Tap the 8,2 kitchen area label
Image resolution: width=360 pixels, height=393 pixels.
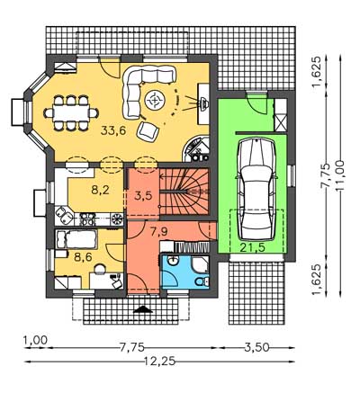[x=99, y=191]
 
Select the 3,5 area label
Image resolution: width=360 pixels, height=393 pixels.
[x=143, y=196]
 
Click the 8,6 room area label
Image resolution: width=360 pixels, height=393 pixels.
[x=83, y=257]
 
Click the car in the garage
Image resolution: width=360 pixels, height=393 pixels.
[x=256, y=190]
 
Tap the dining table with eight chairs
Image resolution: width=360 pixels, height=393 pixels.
[x=71, y=112]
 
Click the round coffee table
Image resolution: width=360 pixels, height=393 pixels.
[x=155, y=100]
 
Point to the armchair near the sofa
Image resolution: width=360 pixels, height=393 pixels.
[x=148, y=131]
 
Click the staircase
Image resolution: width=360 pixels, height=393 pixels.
[x=184, y=192]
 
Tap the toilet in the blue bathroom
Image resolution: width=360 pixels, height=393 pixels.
[x=202, y=281]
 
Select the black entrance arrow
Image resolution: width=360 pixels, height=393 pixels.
[x=143, y=309]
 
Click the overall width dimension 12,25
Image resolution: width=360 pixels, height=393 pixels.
[x=159, y=362]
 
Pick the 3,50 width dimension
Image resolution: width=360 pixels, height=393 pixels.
[x=256, y=347]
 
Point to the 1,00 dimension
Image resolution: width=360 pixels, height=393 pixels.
[x=35, y=340]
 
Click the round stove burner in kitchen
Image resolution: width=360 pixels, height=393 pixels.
[x=117, y=219]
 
